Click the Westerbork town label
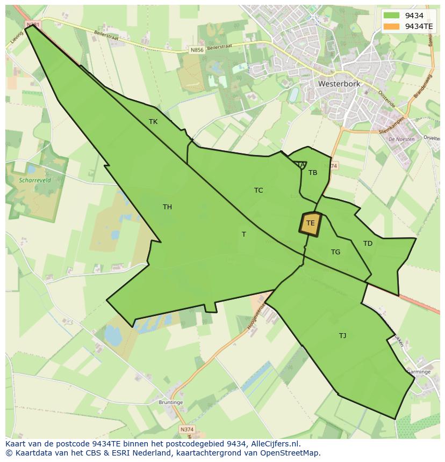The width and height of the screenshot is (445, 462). tap(339, 84)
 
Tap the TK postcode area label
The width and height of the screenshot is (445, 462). tap(153, 122)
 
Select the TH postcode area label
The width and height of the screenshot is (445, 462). tap(167, 207)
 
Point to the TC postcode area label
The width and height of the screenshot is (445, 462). tap(259, 190)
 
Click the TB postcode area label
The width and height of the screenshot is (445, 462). tap(313, 173)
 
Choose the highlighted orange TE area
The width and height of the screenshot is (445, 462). tap(310, 224)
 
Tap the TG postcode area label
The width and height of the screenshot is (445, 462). tap(335, 252)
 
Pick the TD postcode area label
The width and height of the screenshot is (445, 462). tap(368, 244)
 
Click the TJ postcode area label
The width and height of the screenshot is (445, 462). tap(342, 336)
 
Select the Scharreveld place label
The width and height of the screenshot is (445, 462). tap(34, 181)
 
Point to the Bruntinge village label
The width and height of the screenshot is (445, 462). tap(171, 402)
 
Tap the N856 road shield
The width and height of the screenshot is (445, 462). tap(197, 50)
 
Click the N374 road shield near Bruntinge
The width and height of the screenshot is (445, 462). tap(186, 429)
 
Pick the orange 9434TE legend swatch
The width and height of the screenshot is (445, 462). tap(392, 26)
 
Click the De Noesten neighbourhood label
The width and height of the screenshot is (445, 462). tap(401, 139)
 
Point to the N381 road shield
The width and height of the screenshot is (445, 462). tap(33, 25)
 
